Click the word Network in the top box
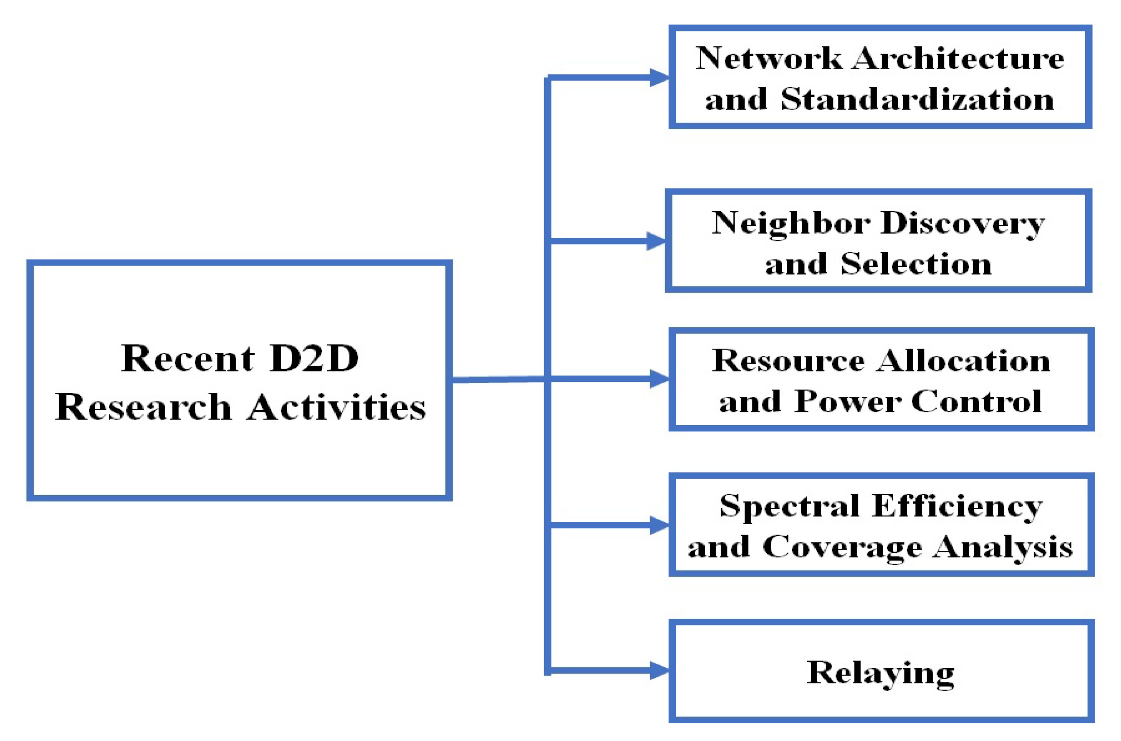click(768, 59)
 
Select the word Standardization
click(917, 100)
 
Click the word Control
click(976, 402)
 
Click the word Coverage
click(842, 548)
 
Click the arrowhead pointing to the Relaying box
click(659, 671)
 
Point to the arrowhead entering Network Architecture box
click(659, 77)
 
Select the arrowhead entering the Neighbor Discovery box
click(656, 241)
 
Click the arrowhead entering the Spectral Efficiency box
click(659, 526)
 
